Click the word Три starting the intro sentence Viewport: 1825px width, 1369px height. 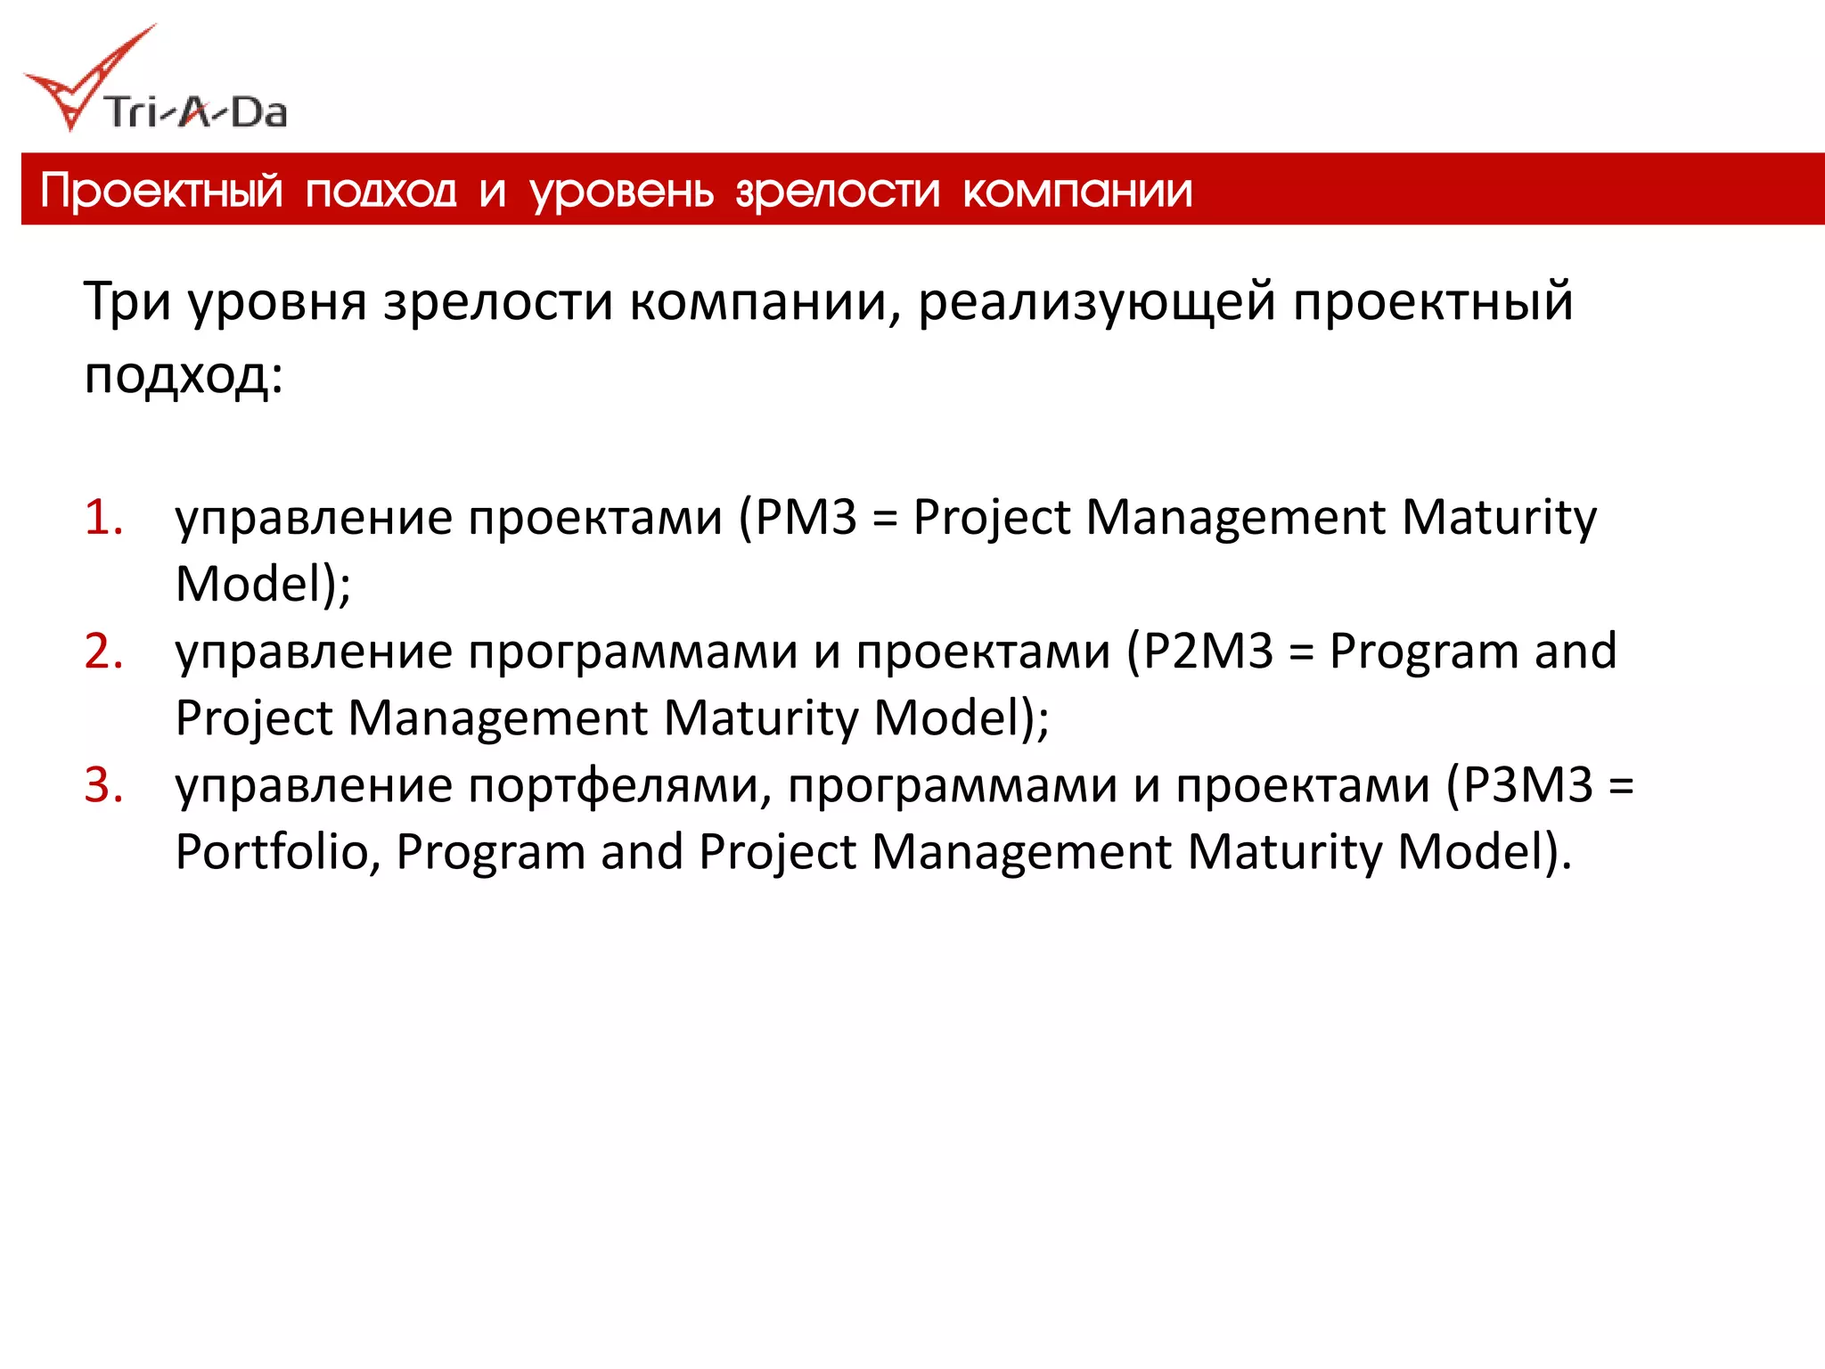click(127, 301)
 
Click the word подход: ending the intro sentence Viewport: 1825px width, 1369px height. click(184, 374)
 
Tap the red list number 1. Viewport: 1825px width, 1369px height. click(102, 517)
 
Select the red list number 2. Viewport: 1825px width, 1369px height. click(102, 651)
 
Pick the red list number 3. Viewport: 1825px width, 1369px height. click(102, 785)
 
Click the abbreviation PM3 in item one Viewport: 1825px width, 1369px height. click(806, 517)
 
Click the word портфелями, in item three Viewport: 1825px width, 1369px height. click(620, 786)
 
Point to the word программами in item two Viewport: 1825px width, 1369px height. click(633, 652)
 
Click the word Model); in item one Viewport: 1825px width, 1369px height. click(263, 585)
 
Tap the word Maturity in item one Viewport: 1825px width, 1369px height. click(1499, 517)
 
